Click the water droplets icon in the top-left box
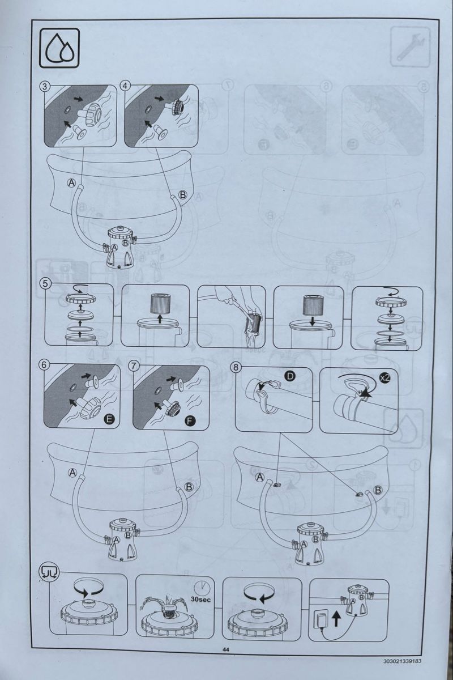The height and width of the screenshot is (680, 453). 59,48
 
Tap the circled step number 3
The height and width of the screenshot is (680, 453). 44,86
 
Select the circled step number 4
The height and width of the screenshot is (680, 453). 125,86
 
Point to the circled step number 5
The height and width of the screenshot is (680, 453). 45,284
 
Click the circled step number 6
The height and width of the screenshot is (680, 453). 44,365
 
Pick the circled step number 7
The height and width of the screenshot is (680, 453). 134,366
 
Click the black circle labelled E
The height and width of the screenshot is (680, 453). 109,419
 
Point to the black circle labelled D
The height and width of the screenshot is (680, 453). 290,376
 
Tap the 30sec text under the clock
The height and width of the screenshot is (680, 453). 201,600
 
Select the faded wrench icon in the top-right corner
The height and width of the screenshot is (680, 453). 410,46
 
